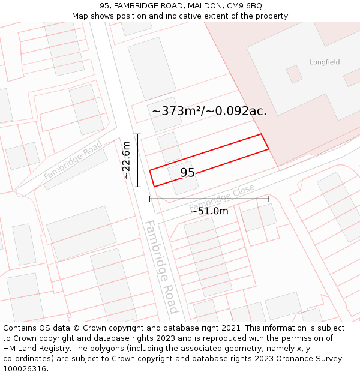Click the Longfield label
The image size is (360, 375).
[x=325, y=62]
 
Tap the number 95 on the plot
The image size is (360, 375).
[x=187, y=173]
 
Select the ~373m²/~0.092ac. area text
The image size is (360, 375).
[x=209, y=111]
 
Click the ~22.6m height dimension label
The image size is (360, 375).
[x=126, y=160]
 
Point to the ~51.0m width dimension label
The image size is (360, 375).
[x=209, y=211]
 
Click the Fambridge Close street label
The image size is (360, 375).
[x=221, y=197]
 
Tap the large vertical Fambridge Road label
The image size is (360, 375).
[x=161, y=266]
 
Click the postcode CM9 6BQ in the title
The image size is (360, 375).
[x=244, y=6]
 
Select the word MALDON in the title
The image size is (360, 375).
[x=203, y=6]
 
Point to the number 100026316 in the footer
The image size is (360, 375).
[x=24, y=368]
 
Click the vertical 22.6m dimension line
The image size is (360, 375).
[x=137, y=160]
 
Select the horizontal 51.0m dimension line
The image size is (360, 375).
[x=209, y=199]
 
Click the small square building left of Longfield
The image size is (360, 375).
[x=294, y=74]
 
